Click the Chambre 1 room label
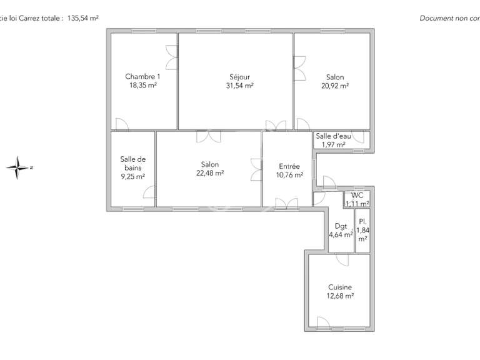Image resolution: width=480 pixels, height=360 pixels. pyautogui.click(x=138, y=77)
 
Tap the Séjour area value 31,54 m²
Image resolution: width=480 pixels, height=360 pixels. pyautogui.click(x=239, y=86)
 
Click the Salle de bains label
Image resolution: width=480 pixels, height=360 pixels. pyautogui.click(x=132, y=163)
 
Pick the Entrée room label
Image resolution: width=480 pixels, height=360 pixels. pyautogui.click(x=289, y=166)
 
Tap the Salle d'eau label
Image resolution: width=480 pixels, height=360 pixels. pyautogui.click(x=333, y=136)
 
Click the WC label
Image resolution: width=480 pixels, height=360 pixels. pyautogui.click(x=357, y=195)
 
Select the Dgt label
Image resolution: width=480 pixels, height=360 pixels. pyautogui.click(x=341, y=226)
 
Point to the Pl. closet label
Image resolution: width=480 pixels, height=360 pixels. pyautogui.click(x=362, y=221)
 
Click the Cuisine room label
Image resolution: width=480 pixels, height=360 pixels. pyautogui.click(x=341, y=287)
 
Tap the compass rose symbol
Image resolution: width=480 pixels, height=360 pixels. pyautogui.click(x=19, y=167)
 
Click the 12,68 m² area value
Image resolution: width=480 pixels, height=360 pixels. pyautogui.click(x=341, y=296)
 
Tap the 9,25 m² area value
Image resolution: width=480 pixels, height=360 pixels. pyautogui.click(x=132, y=177)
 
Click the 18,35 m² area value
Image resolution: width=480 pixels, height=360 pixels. pyautogui.click(x=142, y=86)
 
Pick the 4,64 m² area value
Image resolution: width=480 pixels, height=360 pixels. pyautogui.click(x=341, y=236)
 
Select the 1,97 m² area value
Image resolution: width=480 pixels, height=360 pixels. pyautogui.click(x=333, y=145)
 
